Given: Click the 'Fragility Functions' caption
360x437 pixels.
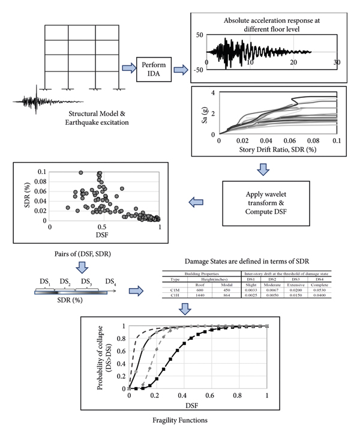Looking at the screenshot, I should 179,421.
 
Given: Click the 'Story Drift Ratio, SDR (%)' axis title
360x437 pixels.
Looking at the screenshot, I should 277,149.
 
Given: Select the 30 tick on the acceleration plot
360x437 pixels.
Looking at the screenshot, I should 337,62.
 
